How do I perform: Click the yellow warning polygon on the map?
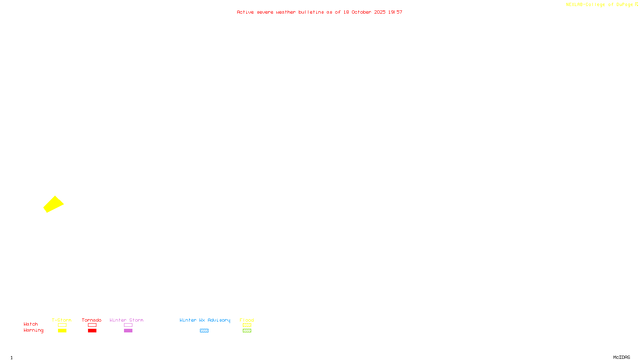click(x=53, y=204)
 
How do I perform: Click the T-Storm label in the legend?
click(x=62, y=320)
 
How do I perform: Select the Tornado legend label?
click(x=92, y=320)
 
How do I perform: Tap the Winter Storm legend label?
click(x=126, y=320)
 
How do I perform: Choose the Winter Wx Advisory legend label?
click(x=205, y=320)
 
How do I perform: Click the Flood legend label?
click(x=247, y=320)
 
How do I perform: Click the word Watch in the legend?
click(x=31, y=324)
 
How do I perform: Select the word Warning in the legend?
click(x=33, y=330)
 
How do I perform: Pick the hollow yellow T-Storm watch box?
click(x=62, y=325)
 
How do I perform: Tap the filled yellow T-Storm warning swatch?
click(x=62, y=331)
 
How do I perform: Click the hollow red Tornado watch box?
click(x=92, y=325)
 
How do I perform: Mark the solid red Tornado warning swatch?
click(x=92, y=331)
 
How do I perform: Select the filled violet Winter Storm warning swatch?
click(x=128, y=331)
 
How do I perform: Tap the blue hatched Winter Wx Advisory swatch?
click(x=204, y=331)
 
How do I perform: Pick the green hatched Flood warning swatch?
click(x=247, y=331)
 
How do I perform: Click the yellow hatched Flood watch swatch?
click(x=247, y=325)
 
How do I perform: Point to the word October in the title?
click(x=361, y=12)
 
